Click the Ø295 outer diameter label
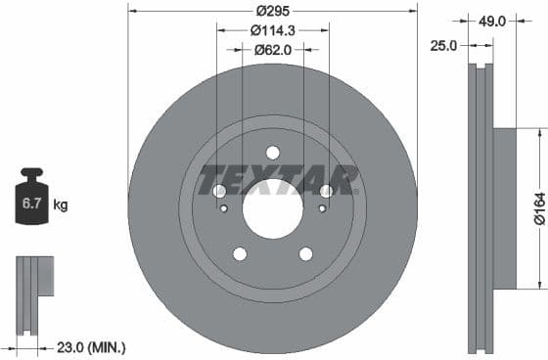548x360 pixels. (x=273, y=11)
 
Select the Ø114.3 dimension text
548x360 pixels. (x=274, y=29)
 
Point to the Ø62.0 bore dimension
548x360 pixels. (x=274, y=48)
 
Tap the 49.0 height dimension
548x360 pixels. (x=491, y=20)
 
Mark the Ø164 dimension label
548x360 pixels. (x=537, y=207)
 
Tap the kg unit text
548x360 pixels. (x=60, y=205)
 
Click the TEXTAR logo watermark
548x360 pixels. (x=278, y=180)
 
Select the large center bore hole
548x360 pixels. (x=273, y=210)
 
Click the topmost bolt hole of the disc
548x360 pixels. (x=273, y=152)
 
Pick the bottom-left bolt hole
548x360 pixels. (x=240, y=253)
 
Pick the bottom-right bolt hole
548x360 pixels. (x=305, y=253)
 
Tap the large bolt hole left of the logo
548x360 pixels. (x=220, y=191)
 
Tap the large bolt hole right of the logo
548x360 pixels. (x=326, y=191)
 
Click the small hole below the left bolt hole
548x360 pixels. (x=225, y=207)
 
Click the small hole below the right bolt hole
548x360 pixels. (x=321, y=207)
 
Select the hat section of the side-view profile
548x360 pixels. (x=503, y=208)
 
